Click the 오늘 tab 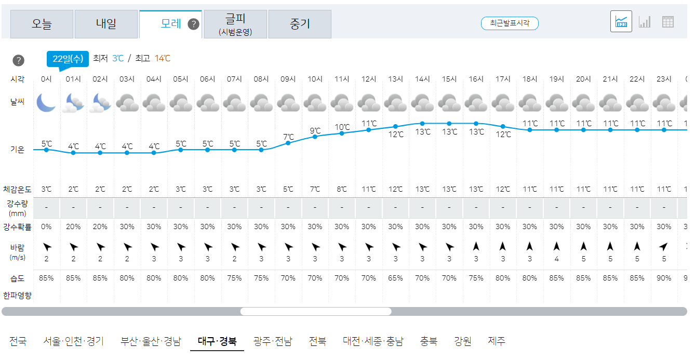pos(42,24)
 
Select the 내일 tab pos(106,24)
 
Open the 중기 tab pos(300,24)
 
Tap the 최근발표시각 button pos(510,23)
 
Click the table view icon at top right pos(668,22)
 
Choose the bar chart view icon pos(645,22)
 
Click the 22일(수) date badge pos(68,58)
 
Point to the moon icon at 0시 pos(46,102)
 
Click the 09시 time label pos(288,79)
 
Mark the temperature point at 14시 pos(422,123)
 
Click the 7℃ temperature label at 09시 pos(288,137)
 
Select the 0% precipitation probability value pos(46,226)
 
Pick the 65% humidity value pos(395,278)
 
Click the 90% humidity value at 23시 pos(664,278)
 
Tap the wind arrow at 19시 pos(556,246)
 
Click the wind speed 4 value pos(556,259)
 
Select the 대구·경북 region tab pos(217,341)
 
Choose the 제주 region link pos(497,341)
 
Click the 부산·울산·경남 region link pos(151,341)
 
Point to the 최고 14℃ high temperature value pos(162,58)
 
